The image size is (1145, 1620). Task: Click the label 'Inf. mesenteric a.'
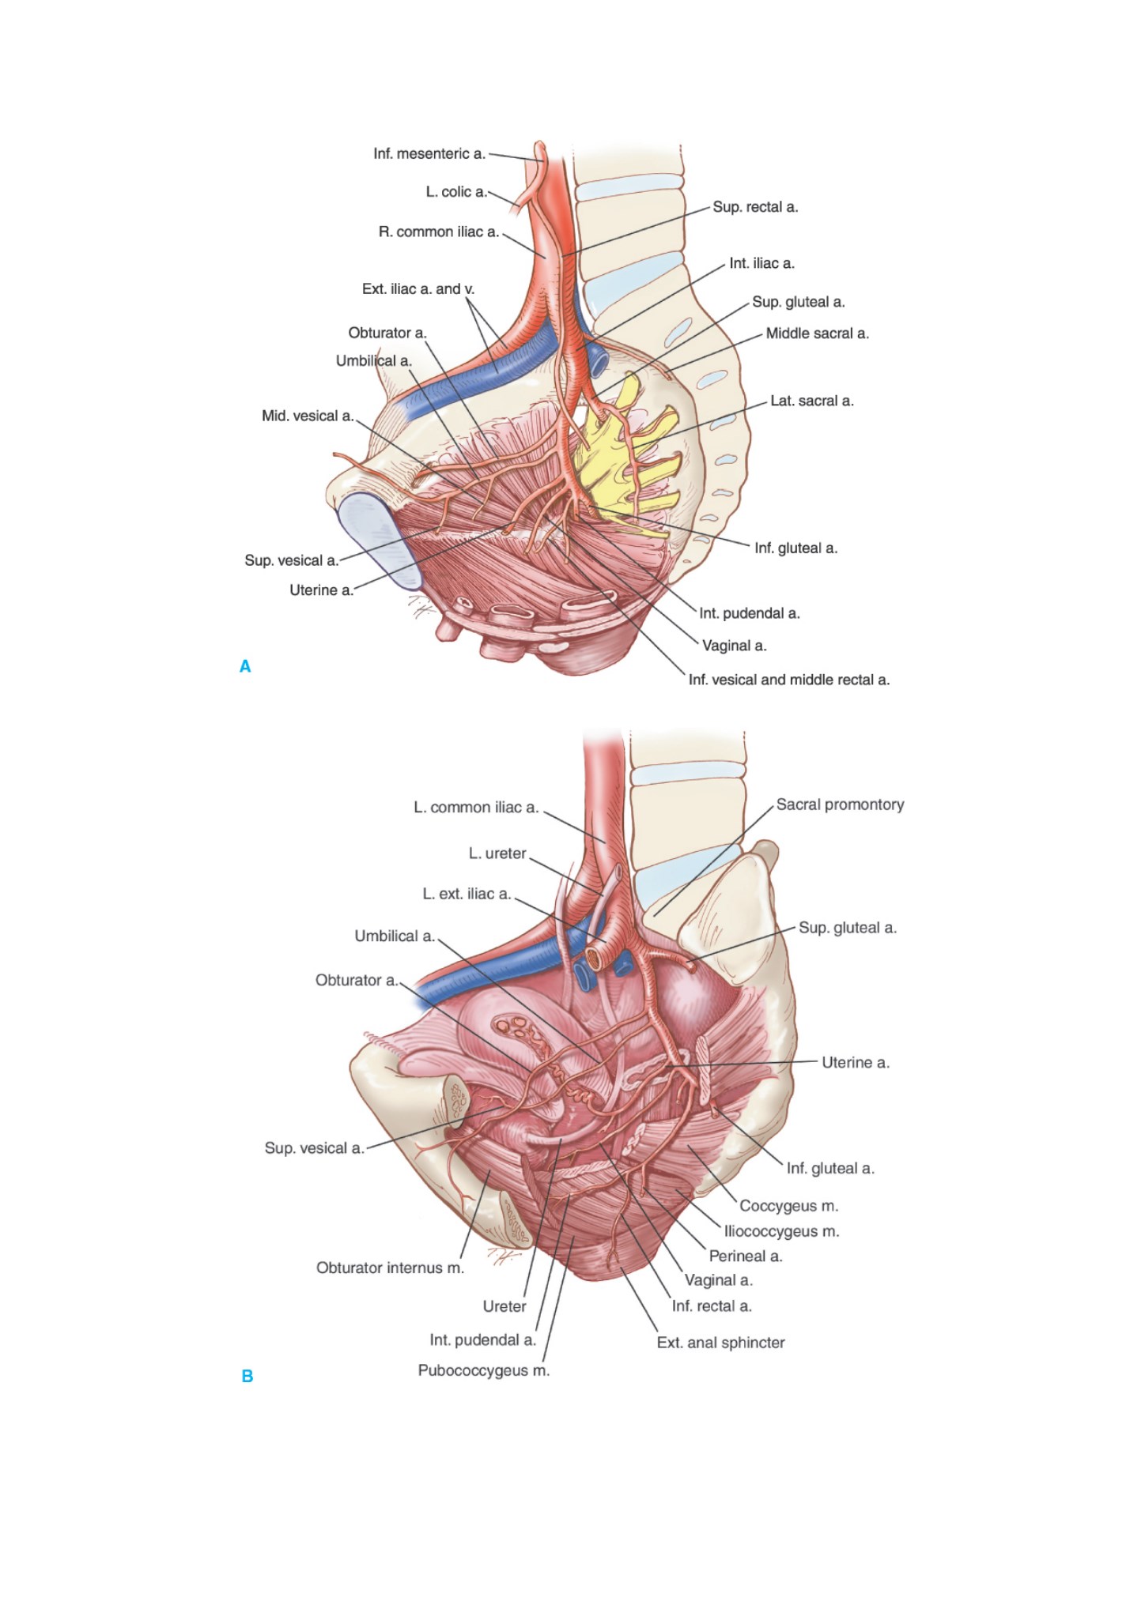[429, 153]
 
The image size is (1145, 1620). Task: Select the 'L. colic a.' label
[456, 191]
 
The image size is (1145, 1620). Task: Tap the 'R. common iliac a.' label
[439, 232]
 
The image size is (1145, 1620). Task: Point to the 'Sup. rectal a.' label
[755, 207]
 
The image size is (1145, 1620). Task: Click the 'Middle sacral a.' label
[817, 333]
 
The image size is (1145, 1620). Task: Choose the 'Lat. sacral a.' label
[812, 401]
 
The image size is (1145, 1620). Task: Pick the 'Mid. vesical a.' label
[308, 416]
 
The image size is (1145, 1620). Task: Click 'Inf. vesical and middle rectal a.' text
[789, 680]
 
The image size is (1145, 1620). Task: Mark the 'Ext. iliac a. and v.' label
[418, 289]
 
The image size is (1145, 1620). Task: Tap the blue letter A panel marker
[245, 666]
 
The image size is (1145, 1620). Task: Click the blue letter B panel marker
[247, 1376]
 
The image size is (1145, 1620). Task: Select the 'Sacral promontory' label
[840, 804]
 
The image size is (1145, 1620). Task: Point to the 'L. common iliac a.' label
[476, 807]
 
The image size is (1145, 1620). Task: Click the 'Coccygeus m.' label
[788, 1206]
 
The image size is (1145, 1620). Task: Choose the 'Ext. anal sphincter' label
[720, 1343]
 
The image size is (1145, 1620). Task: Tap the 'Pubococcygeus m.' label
[483, 1370]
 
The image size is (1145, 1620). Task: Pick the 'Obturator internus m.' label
[390, 1268]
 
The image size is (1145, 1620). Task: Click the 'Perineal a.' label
[745, 1256]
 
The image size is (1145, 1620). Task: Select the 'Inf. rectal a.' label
[712, 1306]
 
